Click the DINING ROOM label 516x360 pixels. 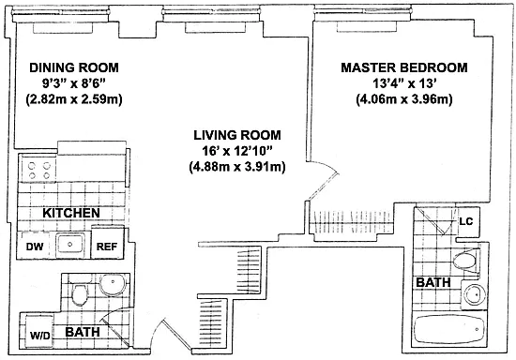[x=74, y=67]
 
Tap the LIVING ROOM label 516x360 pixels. [x=237, y=135]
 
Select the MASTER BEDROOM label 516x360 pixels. [x=404, y=67]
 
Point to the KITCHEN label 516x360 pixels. [x=71, y=213]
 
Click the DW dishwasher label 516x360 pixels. [x=35, y=247]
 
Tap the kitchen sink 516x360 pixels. [x=69, y=245]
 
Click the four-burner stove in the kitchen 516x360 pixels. [x=39, y=171]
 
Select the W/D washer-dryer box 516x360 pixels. [x=39, y=332]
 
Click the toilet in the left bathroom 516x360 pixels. [x=80, y=292]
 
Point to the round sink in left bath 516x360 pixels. [x=113, y=284]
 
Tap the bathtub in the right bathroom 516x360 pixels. [x=448, y=329]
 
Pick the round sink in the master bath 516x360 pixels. [x=474, y=294]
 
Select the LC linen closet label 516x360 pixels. [x=466, y=221]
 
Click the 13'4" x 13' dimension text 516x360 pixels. [x=404, y=83]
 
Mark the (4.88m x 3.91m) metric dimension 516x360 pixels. [x=237, y=167]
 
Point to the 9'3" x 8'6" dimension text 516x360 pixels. [x=74, y=83]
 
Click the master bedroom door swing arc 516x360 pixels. [x=326, y=166]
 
